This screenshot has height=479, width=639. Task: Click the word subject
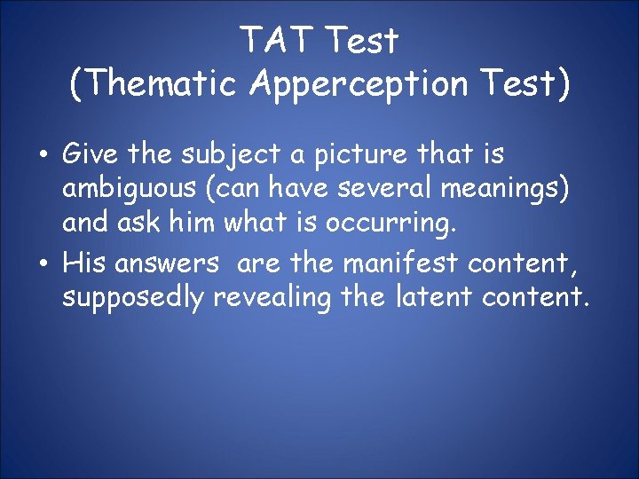tap(226, 154)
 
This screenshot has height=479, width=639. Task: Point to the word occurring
tap(390, 223)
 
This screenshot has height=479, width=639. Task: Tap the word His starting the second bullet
tap(84, 263)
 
